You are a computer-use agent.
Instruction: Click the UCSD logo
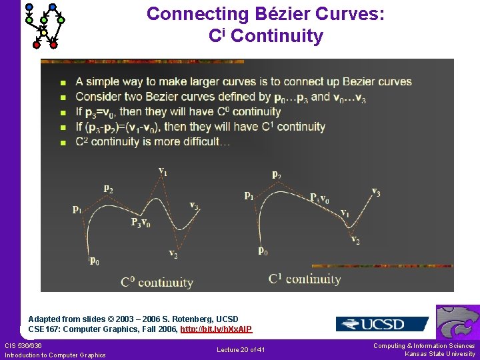click(x=381, y=324)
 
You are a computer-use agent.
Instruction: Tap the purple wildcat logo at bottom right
click(x=457, y=323)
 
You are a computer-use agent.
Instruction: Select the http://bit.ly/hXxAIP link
click(x=216, y=329)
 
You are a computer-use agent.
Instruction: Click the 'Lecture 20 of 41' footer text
click(x=241, y=349)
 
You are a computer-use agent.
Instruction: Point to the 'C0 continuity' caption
click(x=157, y=282)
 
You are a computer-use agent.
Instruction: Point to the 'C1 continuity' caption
click(x=305, y=279)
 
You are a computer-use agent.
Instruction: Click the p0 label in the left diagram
click(x=95, y=260)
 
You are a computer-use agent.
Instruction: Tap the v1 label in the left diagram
click(x=163, y=172)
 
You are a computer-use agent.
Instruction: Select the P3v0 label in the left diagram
click(x=140, y=223)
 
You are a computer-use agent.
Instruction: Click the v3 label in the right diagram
click(x=376, y=192)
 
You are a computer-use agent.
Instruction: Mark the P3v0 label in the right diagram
click(x=319, y=197)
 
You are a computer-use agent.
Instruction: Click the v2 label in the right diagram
click(x=355, y=240)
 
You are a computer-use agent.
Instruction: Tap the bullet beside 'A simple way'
click(x=63, y=83)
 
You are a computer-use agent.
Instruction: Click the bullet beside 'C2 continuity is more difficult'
click(x=63, y=142)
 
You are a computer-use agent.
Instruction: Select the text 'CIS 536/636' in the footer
click(x=23, y=345)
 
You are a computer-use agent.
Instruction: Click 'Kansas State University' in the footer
click(x=440, y=354)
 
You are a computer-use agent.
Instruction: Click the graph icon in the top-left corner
click(x=43, y=25)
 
